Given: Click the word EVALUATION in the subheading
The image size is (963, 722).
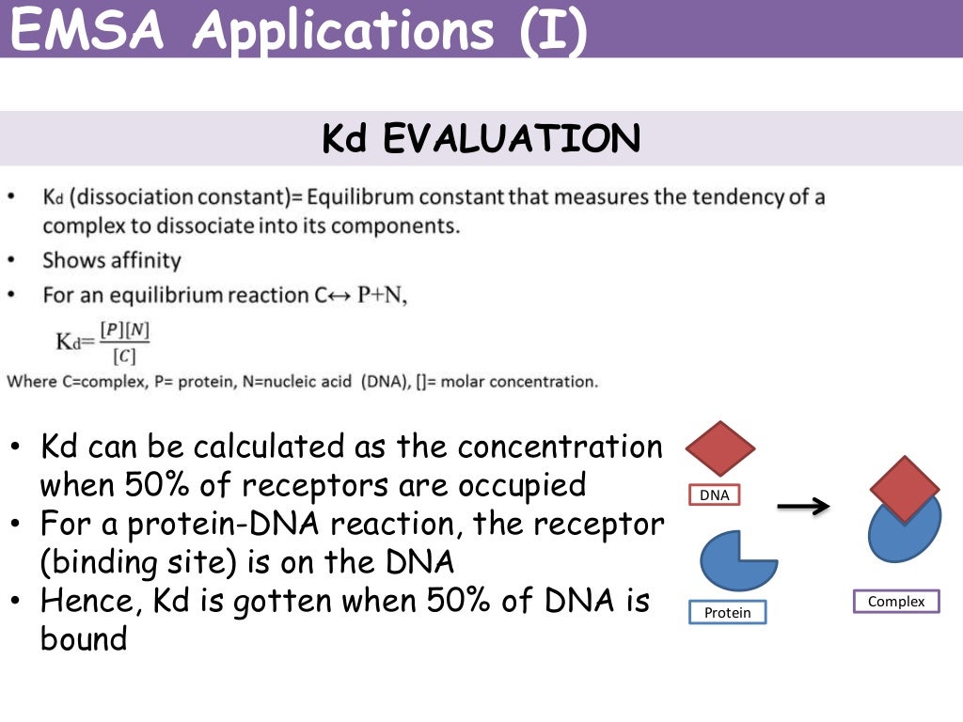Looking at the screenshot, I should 512,139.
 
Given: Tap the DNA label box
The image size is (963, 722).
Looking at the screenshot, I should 714,494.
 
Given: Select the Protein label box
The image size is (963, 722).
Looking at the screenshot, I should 728,613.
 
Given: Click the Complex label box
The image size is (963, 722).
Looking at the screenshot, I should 895,602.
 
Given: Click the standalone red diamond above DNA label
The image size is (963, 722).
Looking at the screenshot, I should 720,448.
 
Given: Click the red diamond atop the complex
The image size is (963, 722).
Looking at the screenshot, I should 904,489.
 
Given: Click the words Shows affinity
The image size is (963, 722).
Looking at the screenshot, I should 111,260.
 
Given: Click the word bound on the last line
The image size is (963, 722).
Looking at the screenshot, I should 83,638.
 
